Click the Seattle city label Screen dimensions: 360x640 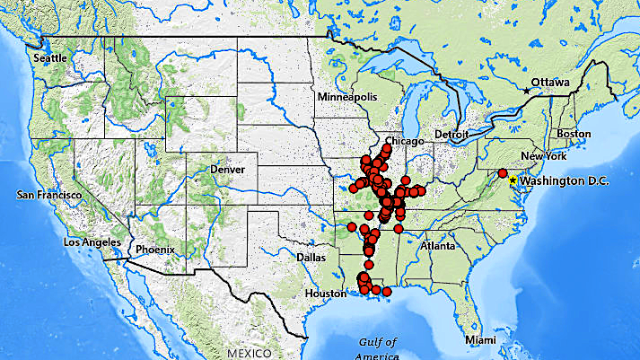50,57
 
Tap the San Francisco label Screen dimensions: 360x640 49,195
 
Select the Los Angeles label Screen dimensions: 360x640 89,242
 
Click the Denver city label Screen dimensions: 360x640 226,169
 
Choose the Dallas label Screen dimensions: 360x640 309,257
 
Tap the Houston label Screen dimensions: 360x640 325,294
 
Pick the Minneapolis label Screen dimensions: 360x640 346,96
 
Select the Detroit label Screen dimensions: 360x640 452,135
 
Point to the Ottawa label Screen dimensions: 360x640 550,83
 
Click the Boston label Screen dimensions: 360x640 574,134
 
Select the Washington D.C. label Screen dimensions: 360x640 565,181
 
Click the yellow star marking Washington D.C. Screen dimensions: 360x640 513,180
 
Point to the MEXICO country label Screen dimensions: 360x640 255,354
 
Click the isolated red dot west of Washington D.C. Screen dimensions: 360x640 503,173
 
